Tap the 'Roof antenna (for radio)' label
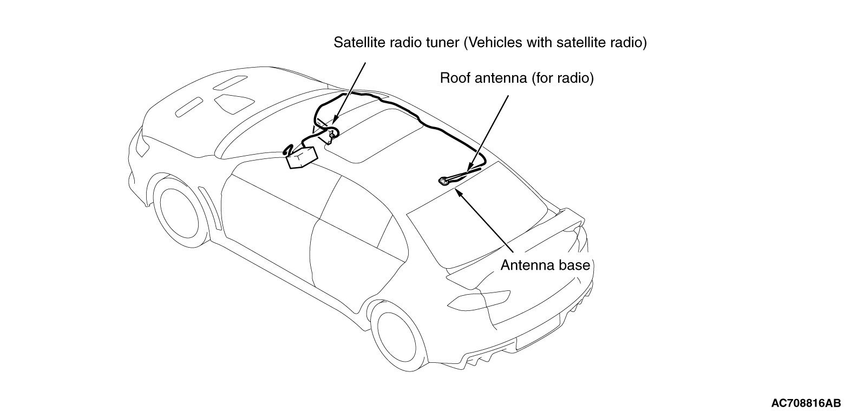pos(516,78)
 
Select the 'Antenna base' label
pos(544,265)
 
